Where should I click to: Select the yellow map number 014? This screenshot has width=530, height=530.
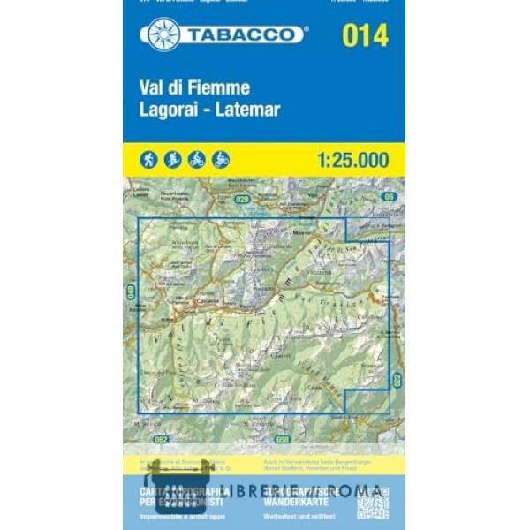pyautogui.click(x=364, y=36)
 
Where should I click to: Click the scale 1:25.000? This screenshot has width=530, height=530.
pyautogui.click(x=351, y=160)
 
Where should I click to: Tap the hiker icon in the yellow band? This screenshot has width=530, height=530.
pyautogui.click(x=148, y=160)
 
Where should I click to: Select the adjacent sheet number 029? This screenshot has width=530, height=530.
pyautogui.click(x=242, y=200)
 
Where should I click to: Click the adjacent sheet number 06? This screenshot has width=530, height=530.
pyautogui.click(x=389, y=196)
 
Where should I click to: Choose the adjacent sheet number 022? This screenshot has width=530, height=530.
pyautogui.click(x=397, y=382)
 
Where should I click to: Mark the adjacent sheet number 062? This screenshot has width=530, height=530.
pyautogui.click(x=159, y=438)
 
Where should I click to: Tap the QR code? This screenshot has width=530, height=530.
pyautogui.click(x=372, y=502)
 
